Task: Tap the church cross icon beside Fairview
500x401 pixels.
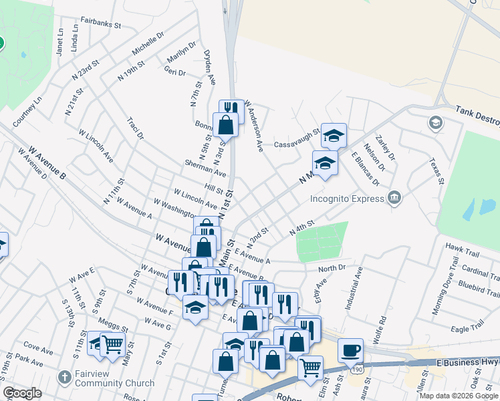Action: click(x=65, y=376)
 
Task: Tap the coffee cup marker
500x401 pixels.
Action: click(x=350, y=350)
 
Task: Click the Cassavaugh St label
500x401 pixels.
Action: click(x=297, y=144)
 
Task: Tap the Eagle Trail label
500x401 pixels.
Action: click(x=467, y=328)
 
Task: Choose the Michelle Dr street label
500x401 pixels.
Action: click(x=148, y=43)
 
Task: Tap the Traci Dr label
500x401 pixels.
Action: click(x=135, y=128)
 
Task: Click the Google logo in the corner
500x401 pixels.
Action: click(x=22, y=393)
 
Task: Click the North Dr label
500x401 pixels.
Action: click(x=332, y=269)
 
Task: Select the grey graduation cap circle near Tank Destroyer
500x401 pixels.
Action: click(x=436, y=123)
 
